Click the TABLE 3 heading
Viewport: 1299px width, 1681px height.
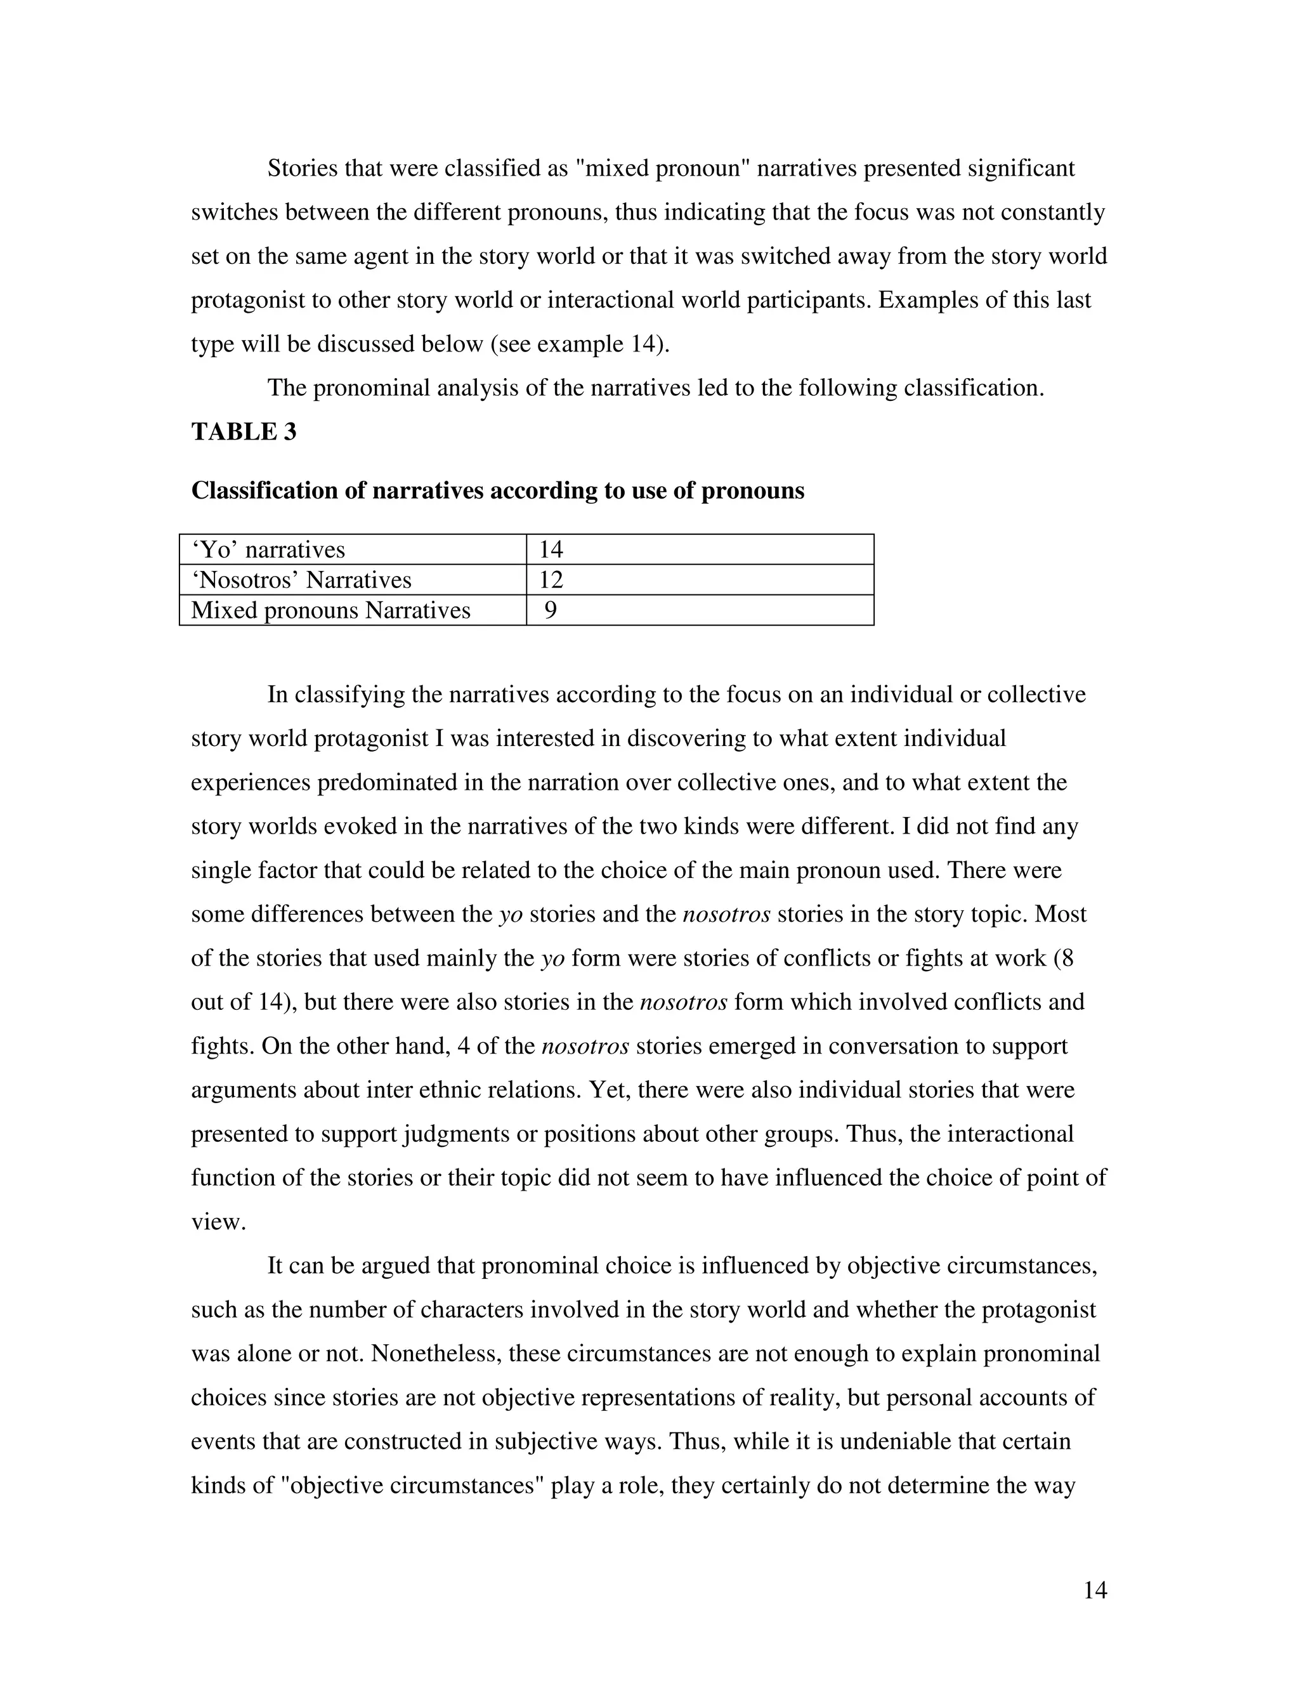(243, 432)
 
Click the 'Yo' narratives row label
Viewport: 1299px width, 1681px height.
(268, 549)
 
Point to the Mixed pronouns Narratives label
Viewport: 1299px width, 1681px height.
(331, 610)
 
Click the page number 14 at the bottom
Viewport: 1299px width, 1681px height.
(1094, 1590)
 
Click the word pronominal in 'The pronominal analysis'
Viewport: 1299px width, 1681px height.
(370, 388)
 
